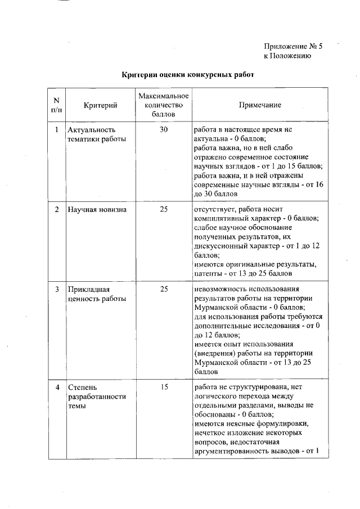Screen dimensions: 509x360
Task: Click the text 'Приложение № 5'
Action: pos(293,47)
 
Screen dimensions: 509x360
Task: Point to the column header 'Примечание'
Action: pos(260,105)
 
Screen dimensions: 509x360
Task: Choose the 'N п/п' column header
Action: pos(56,105)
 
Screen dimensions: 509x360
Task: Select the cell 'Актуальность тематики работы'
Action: pos(96,134)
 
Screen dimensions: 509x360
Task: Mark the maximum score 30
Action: pos(164,130)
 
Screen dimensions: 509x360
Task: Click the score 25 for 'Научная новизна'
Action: pos(164,210)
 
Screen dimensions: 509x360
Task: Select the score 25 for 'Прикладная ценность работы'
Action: pos(164,290)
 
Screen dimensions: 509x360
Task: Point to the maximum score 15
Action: pos(164,388)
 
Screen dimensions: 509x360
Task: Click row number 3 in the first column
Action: pos(56,290)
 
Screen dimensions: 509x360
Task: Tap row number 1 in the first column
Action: pos(56,130)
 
